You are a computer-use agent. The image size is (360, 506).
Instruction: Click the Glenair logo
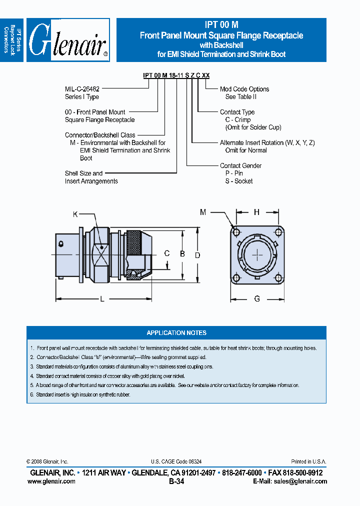(68, 40)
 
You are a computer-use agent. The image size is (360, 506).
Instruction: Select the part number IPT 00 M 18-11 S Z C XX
(176, 75)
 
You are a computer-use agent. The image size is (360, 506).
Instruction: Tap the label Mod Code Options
(244, 89)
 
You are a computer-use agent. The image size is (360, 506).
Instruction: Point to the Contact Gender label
(240, 165)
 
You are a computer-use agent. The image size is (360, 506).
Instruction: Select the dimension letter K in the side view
(75, 214)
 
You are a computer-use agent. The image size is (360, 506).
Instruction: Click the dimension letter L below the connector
(102, 299)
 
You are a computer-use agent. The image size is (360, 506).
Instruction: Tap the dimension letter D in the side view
(197, 255)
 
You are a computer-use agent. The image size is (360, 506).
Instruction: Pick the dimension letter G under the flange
(257, 299)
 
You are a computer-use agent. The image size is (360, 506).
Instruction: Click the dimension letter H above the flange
(256, 212)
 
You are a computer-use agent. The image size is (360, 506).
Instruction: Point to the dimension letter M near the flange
(203, 212)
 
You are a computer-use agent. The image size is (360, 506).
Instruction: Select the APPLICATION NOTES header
(176, 332)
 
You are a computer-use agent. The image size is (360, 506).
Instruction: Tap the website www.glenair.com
(51, 481)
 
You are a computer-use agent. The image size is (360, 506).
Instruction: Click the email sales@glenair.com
(298, 481)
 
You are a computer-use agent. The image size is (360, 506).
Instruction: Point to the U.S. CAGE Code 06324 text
(176, 462)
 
